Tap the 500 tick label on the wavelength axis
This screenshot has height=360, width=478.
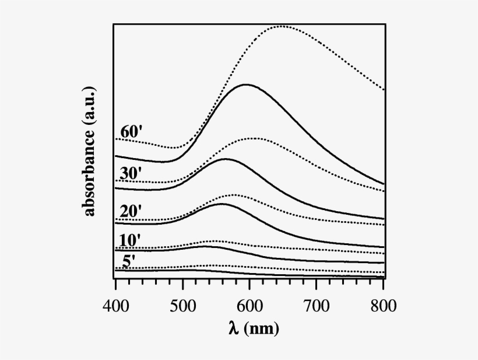coord(182,305)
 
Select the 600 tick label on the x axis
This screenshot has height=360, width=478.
coord(249,305)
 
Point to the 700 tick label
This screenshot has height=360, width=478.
coord(317,305)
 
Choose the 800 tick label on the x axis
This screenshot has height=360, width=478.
coord(383,305)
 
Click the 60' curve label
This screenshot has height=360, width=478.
coord(131,131)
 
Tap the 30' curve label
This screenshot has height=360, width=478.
coord(131,173)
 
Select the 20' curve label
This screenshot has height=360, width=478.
coord(131,211)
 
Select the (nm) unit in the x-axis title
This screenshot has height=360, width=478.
coord(262,329)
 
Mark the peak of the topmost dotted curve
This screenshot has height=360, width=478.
coord(282,26)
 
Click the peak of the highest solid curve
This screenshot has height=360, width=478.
coord(247,85)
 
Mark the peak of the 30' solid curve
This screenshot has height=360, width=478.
coord(225,159)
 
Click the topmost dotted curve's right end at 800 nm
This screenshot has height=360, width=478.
coord(384,90)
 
